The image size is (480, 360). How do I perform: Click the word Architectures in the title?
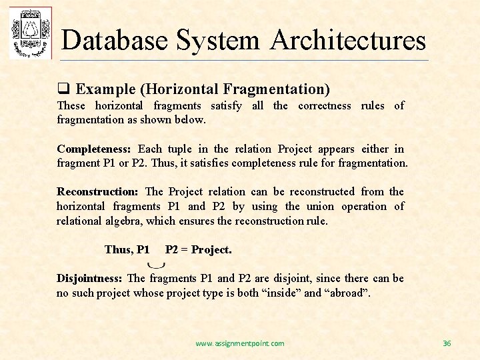[348, 40]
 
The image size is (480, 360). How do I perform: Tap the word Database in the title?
[115, 40]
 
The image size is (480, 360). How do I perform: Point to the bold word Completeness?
[94, 149]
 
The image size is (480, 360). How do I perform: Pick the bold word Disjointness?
[89, 278]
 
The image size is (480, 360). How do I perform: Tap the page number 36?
[447, 343]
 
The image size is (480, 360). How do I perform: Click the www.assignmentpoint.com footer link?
[239, 343]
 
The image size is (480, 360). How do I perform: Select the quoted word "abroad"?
[346, 293]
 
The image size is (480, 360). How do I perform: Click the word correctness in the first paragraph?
[324, 105]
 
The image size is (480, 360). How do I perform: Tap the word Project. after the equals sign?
[211, 250]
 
